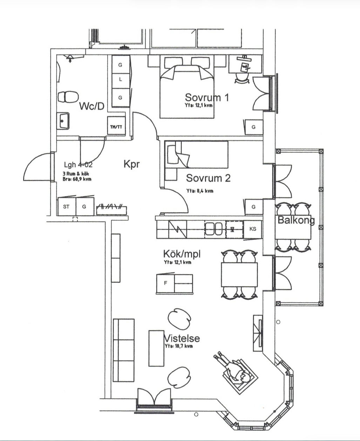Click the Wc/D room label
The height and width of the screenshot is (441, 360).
pyautogui.click(x=92, y=106)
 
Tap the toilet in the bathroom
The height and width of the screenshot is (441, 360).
pyautogui.click(x=68, y=97)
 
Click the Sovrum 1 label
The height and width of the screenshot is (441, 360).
pyautogui.click(x=206, y=98)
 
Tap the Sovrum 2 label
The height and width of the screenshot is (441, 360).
pyautogui.click(x=208, y=178)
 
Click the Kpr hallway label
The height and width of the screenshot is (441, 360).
pyautogui.click(x=131, y=164)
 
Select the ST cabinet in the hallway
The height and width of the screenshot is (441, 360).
pyautogui.click(x=67, y=206)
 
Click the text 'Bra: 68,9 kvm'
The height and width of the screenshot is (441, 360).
pyautogui.click(x=77, y=179)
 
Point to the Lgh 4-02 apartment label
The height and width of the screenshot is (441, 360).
pyautogui.click(x=78, y=165)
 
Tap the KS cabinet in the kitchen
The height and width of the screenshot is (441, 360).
pyautogui.click(x=253, y=229)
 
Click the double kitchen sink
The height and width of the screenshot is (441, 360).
pyautogui.click(x=213, y=229)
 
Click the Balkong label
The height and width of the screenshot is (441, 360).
pyautogui.click(x=296, y=220)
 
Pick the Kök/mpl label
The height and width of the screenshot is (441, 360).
pyautogui.click(x=182, y=254)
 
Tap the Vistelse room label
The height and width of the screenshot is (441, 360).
pyautogui.click(x=182, y=338)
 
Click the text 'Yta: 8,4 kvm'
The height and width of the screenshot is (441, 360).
pyautogui.click(x=200, y=191)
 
